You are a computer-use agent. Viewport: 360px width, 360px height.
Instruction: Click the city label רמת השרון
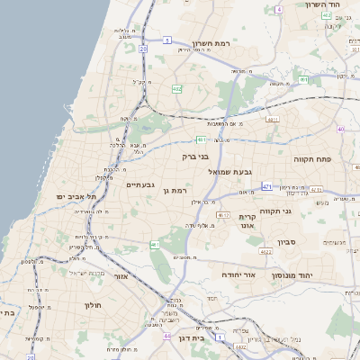212,42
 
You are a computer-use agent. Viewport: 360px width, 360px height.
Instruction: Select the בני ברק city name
195,157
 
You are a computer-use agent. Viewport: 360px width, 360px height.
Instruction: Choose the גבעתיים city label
141,185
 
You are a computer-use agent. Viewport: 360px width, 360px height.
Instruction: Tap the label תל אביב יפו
76,195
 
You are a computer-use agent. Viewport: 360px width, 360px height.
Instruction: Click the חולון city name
94,305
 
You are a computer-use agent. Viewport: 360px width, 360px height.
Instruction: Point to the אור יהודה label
238,274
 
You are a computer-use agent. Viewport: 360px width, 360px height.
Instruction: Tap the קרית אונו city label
248,222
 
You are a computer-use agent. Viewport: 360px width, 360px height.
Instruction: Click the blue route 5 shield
167,40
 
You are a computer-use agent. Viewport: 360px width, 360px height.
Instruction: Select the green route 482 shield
176,89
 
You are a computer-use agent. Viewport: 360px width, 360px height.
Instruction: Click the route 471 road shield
267,186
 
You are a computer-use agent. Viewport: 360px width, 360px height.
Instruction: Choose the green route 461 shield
155,245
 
